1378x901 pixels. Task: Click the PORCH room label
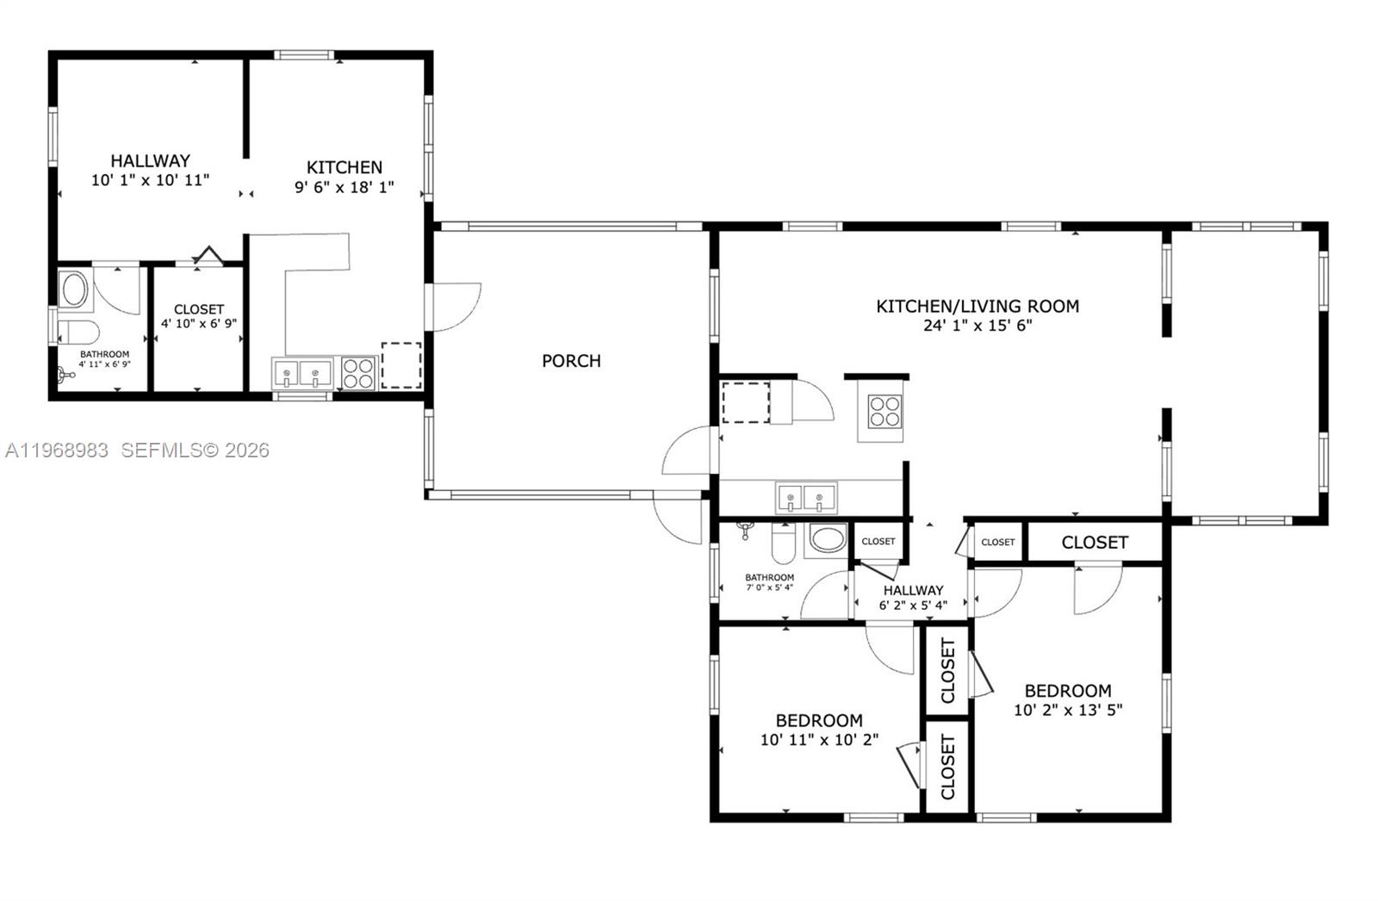571,361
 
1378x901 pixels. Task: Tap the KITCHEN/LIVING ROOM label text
977,306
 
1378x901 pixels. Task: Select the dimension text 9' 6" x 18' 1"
344,187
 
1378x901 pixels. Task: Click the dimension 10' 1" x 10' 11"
150,180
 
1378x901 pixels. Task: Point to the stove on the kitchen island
884,411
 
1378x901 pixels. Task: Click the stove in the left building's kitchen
357,373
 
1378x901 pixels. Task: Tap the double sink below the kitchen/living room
805,498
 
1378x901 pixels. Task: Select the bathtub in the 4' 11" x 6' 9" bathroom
75,290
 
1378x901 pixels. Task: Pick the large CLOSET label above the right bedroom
1094,542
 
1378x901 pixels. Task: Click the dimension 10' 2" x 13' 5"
1067,711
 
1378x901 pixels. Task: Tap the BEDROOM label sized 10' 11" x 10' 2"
819,720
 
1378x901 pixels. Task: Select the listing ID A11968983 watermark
57,450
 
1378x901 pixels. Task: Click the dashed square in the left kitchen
400,365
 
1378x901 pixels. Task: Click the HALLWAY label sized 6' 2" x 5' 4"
913,590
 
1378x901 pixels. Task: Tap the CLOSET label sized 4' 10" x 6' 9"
198,309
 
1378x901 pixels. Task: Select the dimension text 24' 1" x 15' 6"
977,326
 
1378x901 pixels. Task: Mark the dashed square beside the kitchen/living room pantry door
745,402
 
